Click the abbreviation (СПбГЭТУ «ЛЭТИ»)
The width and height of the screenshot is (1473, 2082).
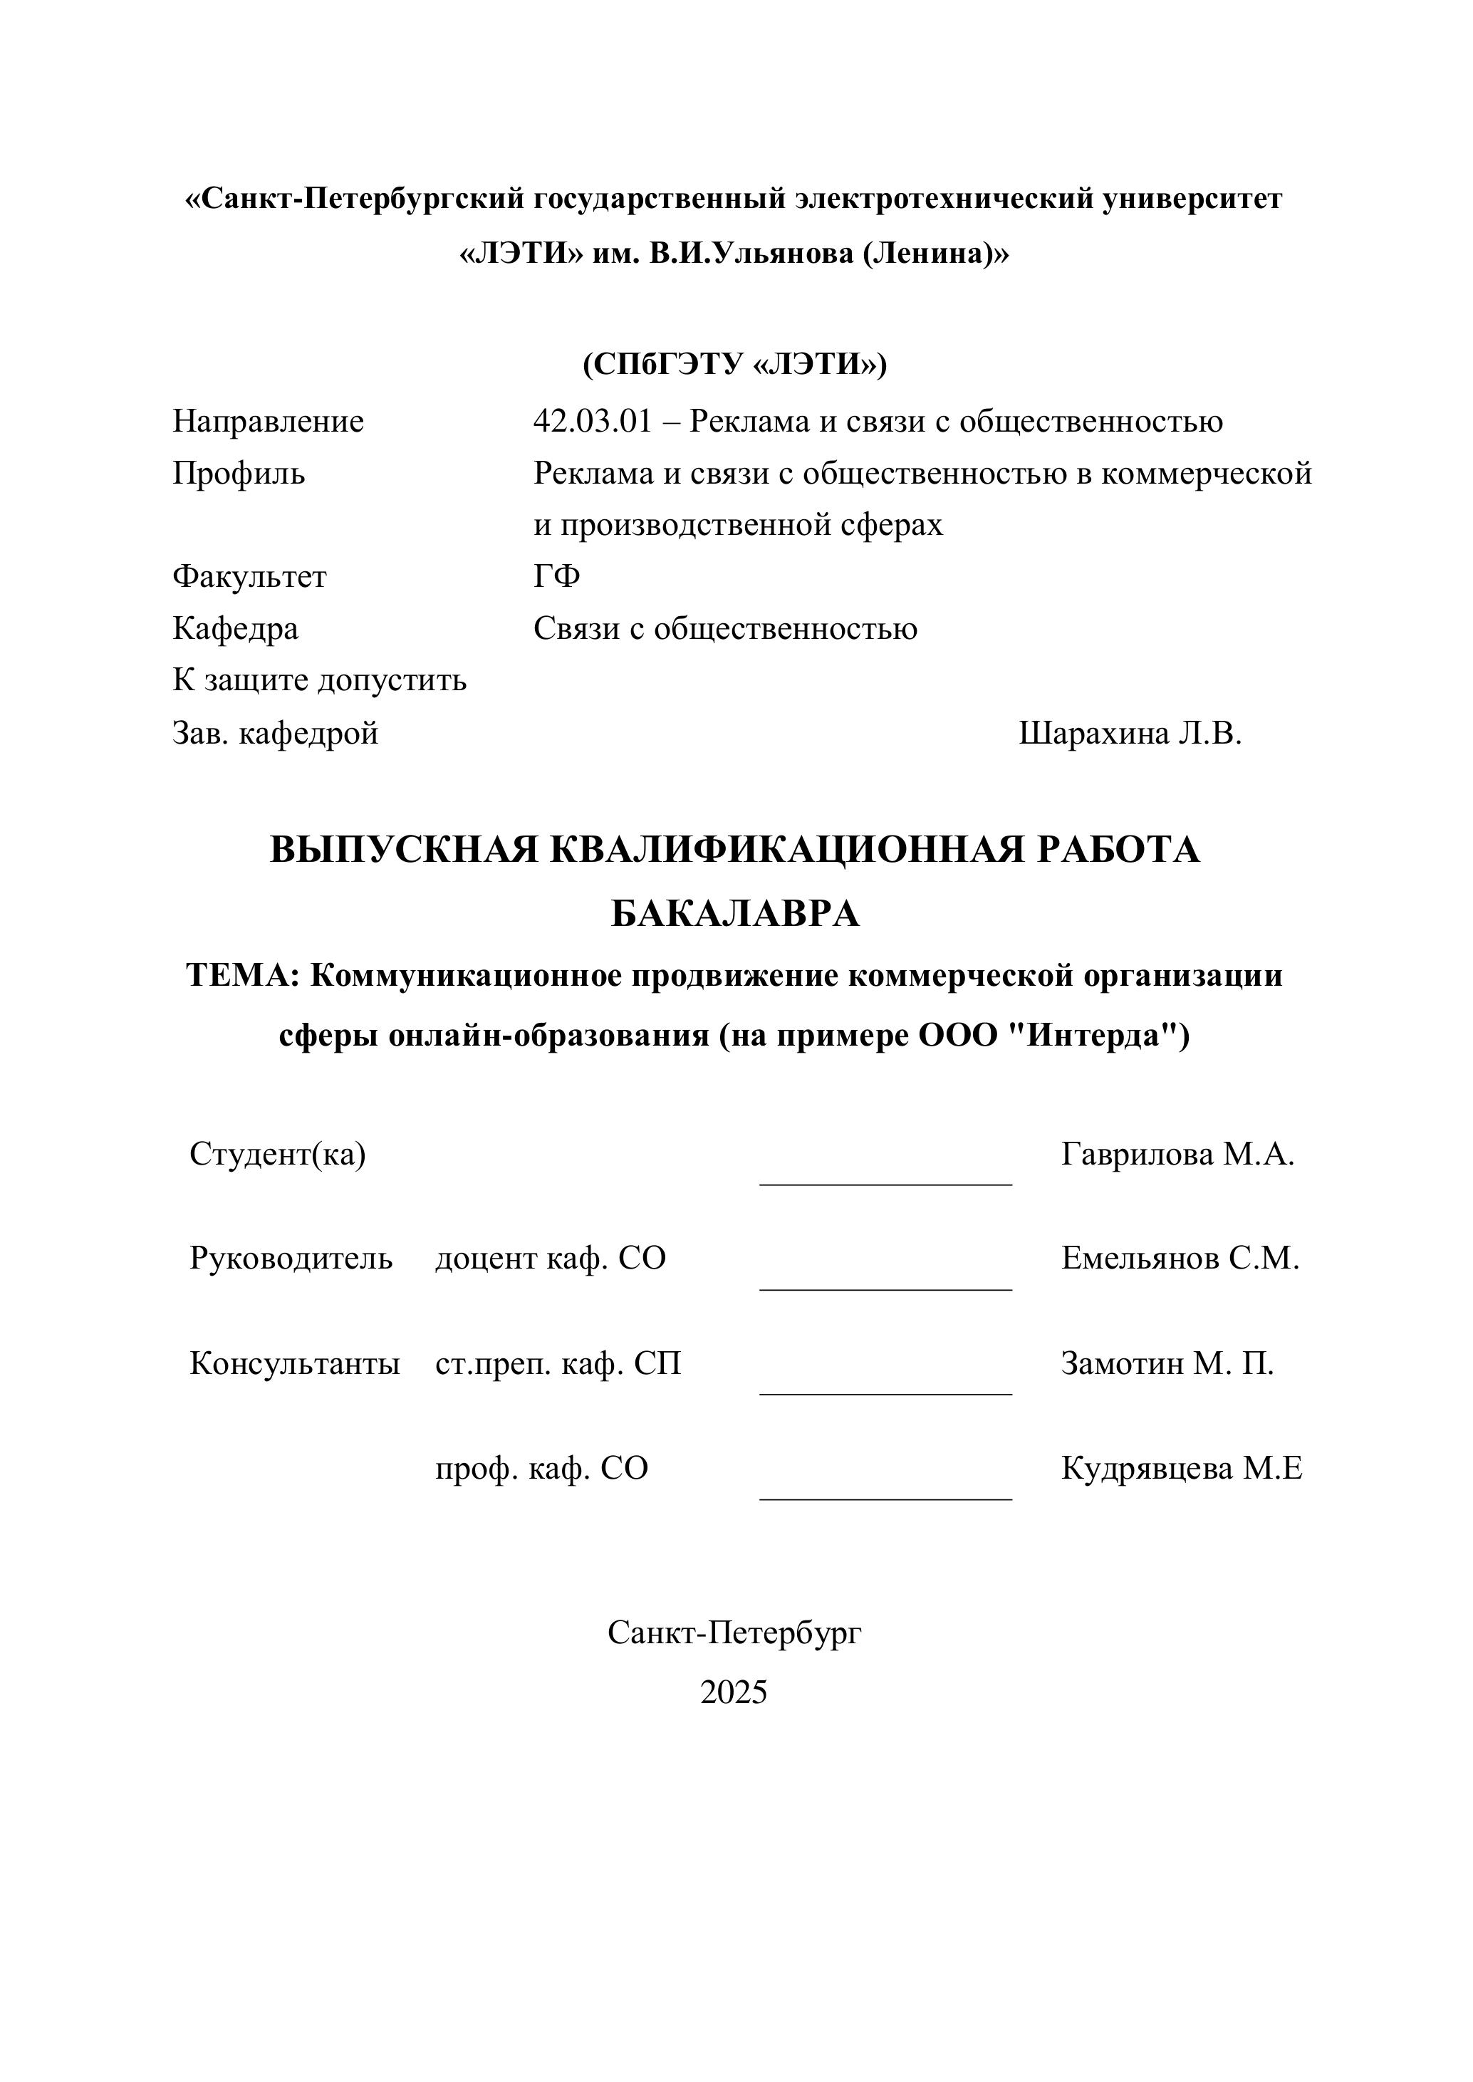[x=734, y=364]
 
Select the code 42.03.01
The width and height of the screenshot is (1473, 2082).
[x=593, y=421]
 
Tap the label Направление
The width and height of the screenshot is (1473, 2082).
[x=269, y=421]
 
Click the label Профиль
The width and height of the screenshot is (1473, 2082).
[x=239, y=474]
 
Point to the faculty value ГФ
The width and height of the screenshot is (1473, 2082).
[x=556, y=577]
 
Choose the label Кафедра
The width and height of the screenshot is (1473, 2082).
[x=235, y=628]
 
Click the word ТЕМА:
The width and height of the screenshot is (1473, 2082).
[x=242, y=976]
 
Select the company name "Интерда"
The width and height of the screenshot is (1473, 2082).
[x=1087, y=1035]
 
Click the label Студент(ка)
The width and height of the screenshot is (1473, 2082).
[x=278, y=1155]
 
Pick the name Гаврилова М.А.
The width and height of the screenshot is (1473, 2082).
[x=1177, y=1155]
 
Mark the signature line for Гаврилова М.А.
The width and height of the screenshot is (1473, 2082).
[x=885, y=1182]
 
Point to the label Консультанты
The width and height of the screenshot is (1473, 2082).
[x=295, y=1364]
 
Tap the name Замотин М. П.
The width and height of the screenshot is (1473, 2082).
[x=1167, y=1364]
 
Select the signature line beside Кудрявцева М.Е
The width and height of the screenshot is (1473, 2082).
[x=885, y=1498]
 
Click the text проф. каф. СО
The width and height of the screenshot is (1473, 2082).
[x=541, y=1469]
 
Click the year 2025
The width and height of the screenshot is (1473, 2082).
[x=734, y=1692]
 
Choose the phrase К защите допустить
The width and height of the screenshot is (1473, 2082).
[x=319, y=680]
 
